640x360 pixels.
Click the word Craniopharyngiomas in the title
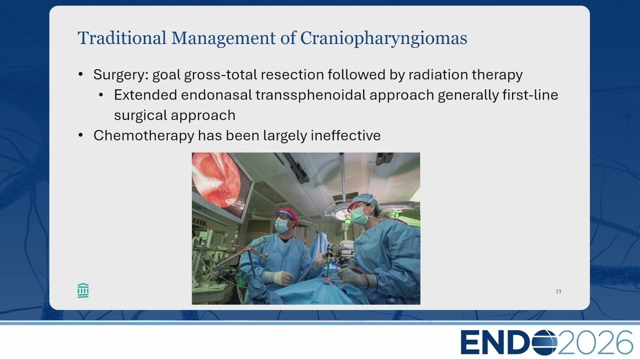click(383, 38)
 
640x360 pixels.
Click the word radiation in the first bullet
click(438, 74)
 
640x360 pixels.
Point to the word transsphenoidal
click(310, 95)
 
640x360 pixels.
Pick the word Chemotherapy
click(143, 135)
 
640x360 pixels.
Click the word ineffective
click(345, 135)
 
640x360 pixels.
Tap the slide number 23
click(558, 291)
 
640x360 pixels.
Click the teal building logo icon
click(83, 290)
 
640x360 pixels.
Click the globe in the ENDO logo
click(544, 342)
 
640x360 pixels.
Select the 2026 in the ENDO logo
click(595, 342)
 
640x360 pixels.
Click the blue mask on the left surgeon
click(281, 225)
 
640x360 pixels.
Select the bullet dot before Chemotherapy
click(80, 135)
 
